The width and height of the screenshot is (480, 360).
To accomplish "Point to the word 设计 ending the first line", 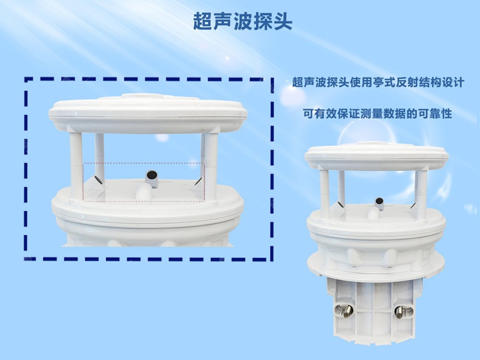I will point(452,83).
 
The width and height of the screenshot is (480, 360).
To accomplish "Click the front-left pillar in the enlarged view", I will point(76,159).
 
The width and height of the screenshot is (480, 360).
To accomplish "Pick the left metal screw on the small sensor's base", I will point(346,311).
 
